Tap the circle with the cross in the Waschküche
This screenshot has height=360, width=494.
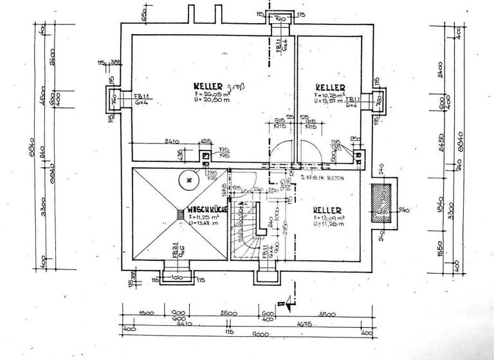(x=188, y=181)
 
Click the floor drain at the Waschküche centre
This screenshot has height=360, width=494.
(x=179, y=213)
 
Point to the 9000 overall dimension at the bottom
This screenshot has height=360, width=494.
(x=242, y=334)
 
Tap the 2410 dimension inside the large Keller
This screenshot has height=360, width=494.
(x=171, y=141)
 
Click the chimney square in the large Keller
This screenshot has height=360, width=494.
(x=205, y=154)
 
